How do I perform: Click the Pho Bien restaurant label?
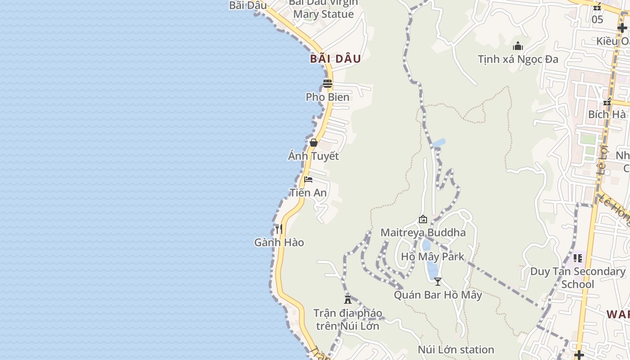(x=328, y=97)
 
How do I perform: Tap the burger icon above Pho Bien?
(x=328, y=83)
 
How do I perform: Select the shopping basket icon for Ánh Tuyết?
(x=314, y=143)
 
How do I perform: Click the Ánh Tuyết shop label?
(x=314, y=157)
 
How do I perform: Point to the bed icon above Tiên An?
(x=308, y=180)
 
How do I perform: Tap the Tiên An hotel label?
(x=308, y=193)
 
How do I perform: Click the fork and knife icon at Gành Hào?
(x=279, y=229)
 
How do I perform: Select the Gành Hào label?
(x=279, y=243)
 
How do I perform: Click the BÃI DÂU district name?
(x=336, y=59)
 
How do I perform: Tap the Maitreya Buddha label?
(x=423, y=233)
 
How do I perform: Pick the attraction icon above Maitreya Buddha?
(x=423, y=220)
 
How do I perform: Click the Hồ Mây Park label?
(x=432, y=257)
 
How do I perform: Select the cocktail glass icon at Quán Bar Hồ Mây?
(x=438, y=282)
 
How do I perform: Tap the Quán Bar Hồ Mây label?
(x=438, y=295)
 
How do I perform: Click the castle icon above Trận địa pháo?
(x=348, y=299)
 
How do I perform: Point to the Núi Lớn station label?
(x=456, y=350)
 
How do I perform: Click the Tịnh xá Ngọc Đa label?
(x=518, y=59)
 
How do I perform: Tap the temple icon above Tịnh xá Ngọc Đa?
(x=518, y=46)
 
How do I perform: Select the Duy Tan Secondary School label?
(x=578, y=278)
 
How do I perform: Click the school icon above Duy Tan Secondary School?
(x=578, y=258)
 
